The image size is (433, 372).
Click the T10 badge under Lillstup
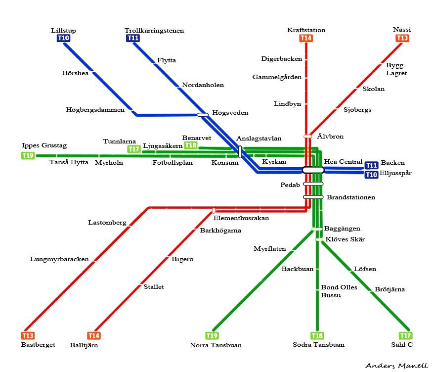(x=64, y=38)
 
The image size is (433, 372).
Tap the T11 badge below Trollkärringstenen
(x=132, y=38)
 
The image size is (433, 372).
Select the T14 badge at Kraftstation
(x=306, y=38)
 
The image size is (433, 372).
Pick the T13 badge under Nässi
(x=402, y=38)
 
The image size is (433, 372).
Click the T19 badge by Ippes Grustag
(x=28, y=156)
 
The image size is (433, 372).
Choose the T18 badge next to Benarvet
(x=190, y=145)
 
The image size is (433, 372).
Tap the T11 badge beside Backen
(x=371, y=165)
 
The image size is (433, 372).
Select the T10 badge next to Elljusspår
(x=371, y=175)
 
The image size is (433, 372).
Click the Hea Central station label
(x=343, y=162)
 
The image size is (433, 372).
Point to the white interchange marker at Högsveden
(x=203, y=115)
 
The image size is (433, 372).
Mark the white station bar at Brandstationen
(x=313, y=197)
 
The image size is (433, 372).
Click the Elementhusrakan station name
(x=241, y=218)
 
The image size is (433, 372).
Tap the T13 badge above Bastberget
(x=28, y=336)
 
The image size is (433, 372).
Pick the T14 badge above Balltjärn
(x=94, y=336)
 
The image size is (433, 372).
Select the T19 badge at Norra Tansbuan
(x=212, y=336)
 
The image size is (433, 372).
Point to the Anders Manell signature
(x=396, y=366)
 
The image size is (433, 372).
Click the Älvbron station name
(x=330, y=137)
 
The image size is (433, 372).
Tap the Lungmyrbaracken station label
(x=59, y=259)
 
